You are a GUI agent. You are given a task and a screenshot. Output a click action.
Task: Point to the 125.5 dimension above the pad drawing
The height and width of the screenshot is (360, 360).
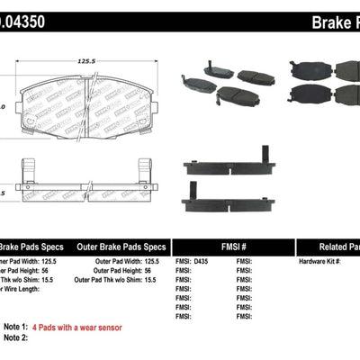click(x=87, y=61)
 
